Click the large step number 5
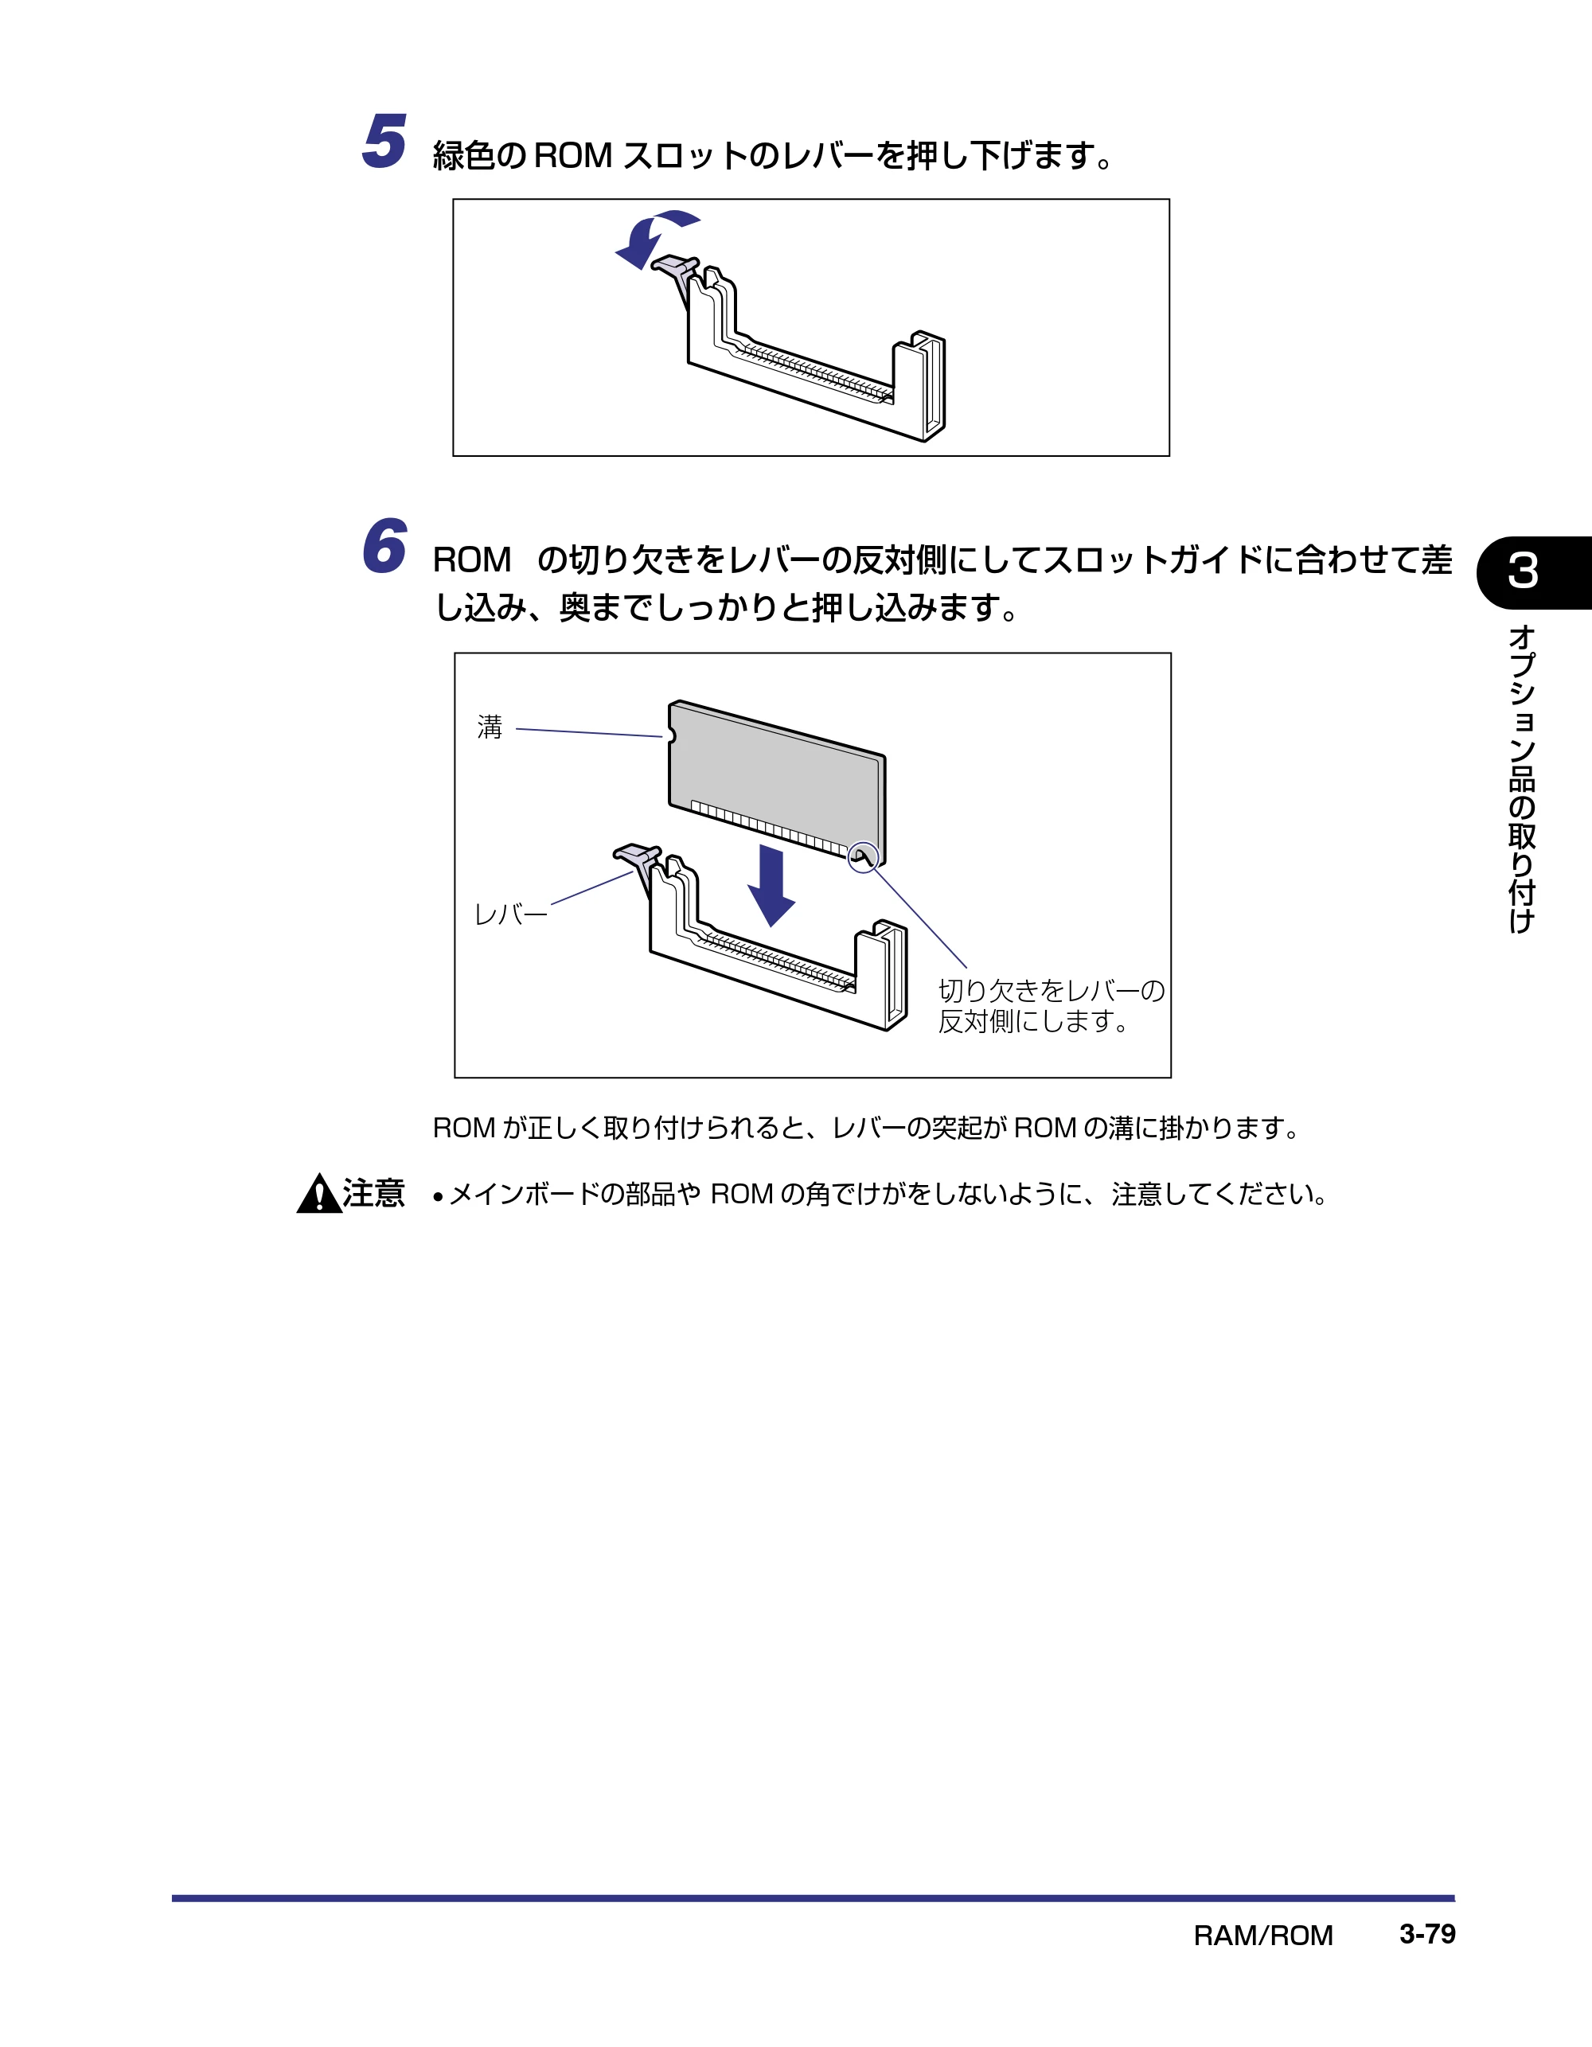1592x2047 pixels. (x=384, y=142)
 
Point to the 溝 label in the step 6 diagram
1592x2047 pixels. (x=490, y=727)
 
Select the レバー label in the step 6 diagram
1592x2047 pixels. (x=511, y=914)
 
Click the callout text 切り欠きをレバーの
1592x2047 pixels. (x=1051, y=990)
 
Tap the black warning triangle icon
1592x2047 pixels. (x=318, y=1193)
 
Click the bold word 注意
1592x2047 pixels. (x=373, y=1193)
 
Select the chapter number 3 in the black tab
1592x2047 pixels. (x=1523, y=571)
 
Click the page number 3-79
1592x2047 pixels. (x=1427, y=1934)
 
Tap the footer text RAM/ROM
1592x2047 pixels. (x=1263, y=1936)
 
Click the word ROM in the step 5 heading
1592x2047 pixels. (x=573, y=155)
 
